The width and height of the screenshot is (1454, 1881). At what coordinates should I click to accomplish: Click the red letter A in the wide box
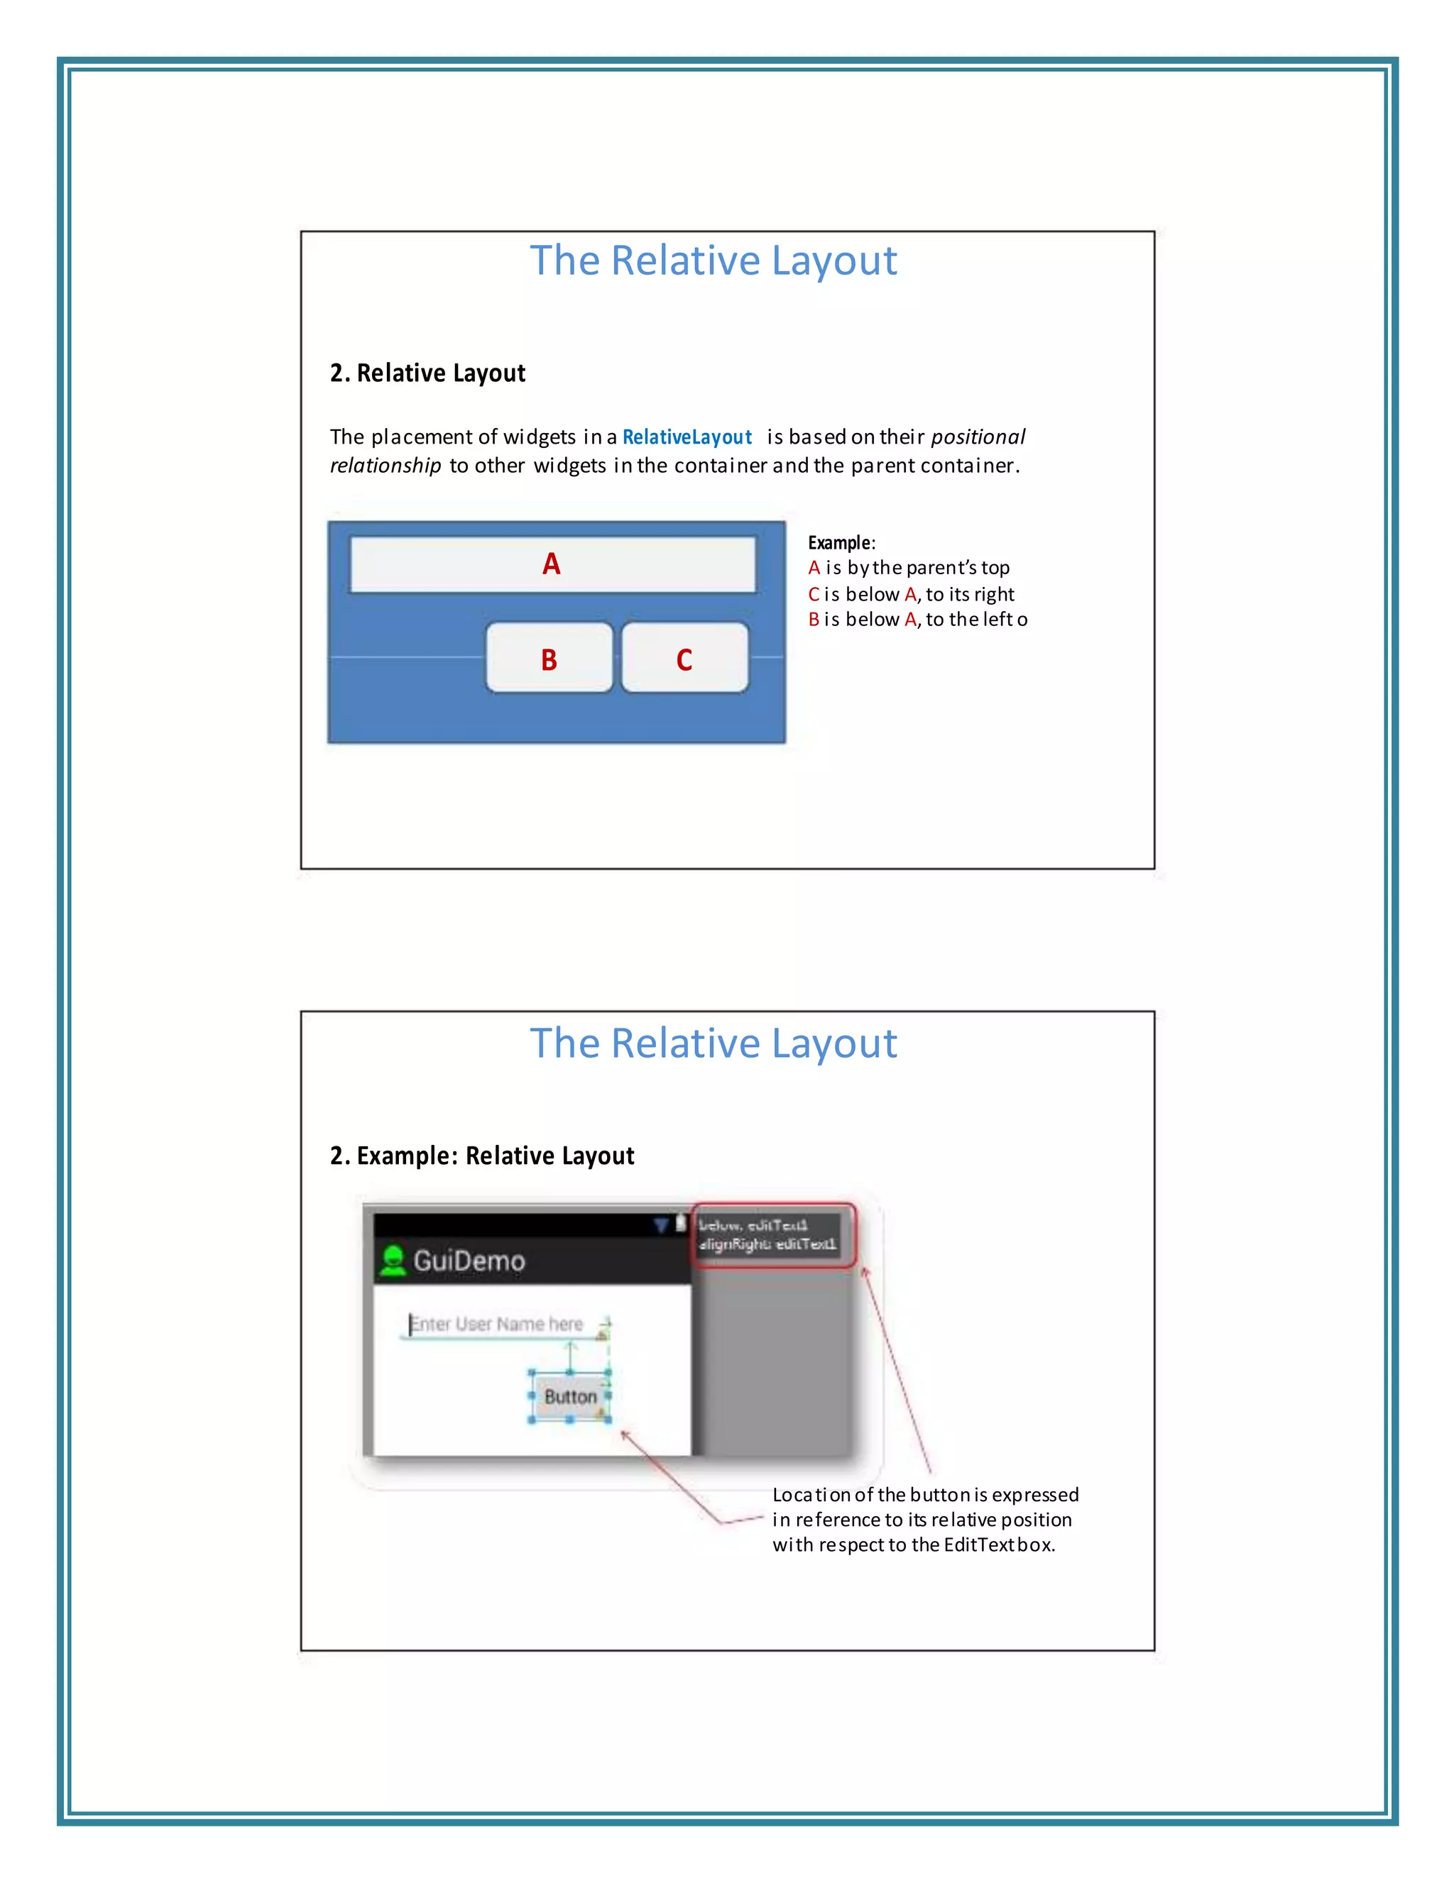point(551,564)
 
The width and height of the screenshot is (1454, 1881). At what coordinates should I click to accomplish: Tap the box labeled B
point(549,659)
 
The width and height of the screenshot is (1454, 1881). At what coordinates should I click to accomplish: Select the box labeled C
point(685,659)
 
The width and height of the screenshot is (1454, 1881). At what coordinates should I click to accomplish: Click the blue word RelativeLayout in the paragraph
point(687,437)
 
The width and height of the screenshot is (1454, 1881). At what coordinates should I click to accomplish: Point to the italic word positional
point(978,437)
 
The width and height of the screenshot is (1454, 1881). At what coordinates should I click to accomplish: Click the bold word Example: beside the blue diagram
point(840,542)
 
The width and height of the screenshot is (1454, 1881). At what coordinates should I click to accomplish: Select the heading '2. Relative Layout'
point(427,373)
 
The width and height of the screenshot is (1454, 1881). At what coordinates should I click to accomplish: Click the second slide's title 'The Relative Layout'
point(714,1043)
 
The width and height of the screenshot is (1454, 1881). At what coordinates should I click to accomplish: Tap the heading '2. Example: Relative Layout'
point(481,1156)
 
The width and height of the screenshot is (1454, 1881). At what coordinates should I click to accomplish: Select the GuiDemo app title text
point(469,1261)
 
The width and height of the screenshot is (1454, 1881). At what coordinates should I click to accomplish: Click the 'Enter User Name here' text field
point(498,1325)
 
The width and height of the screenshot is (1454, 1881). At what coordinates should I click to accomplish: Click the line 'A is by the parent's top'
point(909,568)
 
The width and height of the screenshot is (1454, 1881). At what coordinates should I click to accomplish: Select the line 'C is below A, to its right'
point(912,594)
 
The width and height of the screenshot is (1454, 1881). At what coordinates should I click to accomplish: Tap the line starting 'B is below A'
point(917,619)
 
